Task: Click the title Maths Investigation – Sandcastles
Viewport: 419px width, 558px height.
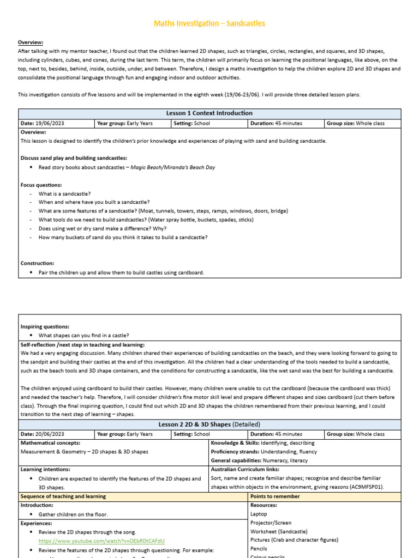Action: [x=209, y=23]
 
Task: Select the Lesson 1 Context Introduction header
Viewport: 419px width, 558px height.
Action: [x=209, y=113]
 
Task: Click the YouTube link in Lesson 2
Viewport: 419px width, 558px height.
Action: [x=101, y=541]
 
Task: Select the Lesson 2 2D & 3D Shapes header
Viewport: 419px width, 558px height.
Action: [x=209, y=424]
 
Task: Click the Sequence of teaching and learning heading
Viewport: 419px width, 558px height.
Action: [x=63, y=496]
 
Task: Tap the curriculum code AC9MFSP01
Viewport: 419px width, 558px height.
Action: [x=362, y=487]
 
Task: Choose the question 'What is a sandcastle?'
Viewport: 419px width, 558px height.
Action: [x=65, y=194]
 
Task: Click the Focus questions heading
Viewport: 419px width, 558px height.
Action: [x=41, y=185]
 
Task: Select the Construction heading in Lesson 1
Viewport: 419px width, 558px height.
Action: [x=37, y=263]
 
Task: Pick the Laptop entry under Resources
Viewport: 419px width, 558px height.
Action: [x=259, y=514]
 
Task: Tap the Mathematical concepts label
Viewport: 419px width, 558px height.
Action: [x=50, y=443]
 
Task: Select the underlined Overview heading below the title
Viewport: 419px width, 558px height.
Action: [x=31, y=43]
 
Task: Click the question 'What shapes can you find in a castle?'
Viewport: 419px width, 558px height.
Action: [x=84, y=336]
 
